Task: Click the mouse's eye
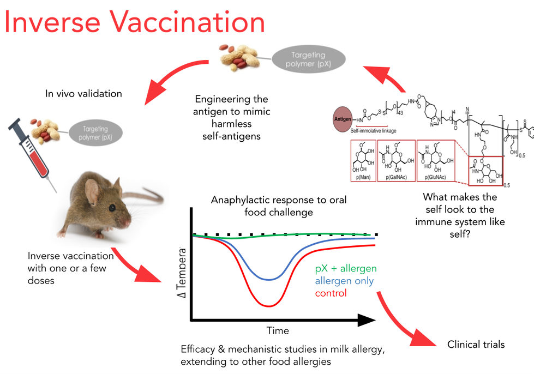[x=112, y=208]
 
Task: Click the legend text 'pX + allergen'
[x=346, y=269]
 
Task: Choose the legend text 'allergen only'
[x=345, y=281]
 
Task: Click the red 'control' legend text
[x=331, y=293]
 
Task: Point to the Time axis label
[x=278, y=330]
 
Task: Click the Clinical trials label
[x=476, y=344]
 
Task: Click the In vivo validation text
[x=83, y=94]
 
